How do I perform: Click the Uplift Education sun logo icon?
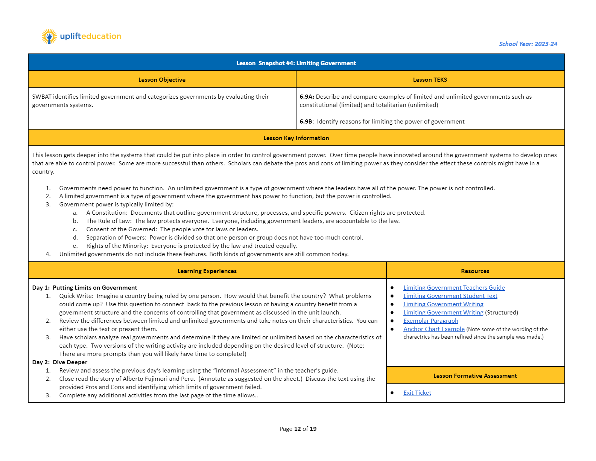point(49,37)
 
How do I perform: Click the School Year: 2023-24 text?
point(528,44)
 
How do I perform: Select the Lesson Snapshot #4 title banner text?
point(296,63)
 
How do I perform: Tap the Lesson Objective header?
point(162,80)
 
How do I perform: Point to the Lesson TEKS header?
point(430,80)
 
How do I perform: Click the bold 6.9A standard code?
point(307,97)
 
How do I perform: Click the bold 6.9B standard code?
point(306,122)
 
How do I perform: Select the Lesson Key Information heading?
point(296,138)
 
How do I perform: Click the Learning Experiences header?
point(207,271)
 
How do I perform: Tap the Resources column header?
point(475,271)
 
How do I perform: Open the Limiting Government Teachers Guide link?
point(454,288)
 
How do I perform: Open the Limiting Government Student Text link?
point(450,296)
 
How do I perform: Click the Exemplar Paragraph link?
point(430,321)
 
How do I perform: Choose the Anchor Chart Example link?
point(434,329)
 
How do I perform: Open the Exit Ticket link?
point(417,393)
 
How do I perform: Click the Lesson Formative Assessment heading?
point(475,376)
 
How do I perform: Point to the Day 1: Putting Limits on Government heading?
point(85,288)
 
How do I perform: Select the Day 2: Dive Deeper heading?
point(60,362)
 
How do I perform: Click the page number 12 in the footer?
point(297,429)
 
